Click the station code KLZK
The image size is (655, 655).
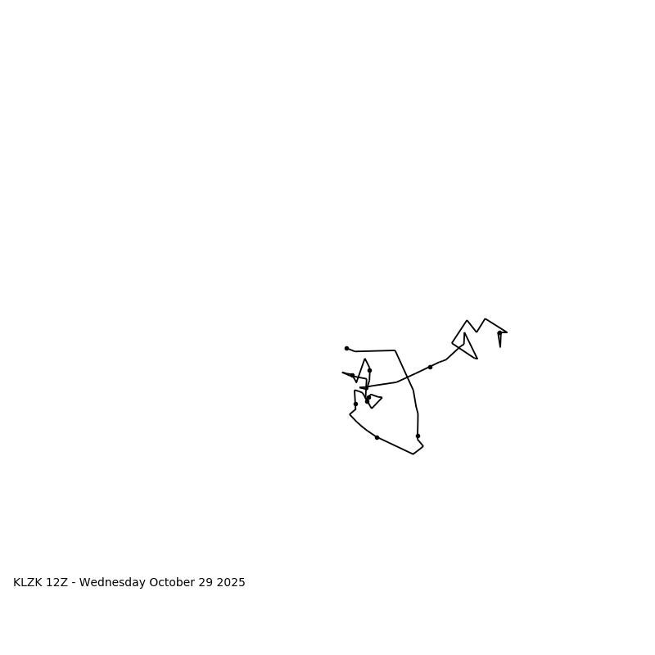28,583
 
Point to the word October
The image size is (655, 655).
174,583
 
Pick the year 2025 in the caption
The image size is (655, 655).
232,583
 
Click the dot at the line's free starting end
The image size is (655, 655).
346,348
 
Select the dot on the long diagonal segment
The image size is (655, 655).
430,367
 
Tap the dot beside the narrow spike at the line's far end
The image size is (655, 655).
499,333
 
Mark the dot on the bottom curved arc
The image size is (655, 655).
377,437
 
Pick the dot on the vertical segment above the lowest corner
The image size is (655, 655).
418,436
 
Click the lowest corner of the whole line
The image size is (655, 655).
413,454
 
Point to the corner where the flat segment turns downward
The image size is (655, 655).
395,350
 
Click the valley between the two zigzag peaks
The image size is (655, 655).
477,332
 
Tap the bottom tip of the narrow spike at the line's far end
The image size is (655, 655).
500,346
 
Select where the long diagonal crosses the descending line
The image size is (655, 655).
409,377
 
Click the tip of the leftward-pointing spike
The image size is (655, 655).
342,373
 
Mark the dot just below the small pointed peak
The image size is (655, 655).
369,370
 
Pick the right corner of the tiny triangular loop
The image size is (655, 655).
382,398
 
